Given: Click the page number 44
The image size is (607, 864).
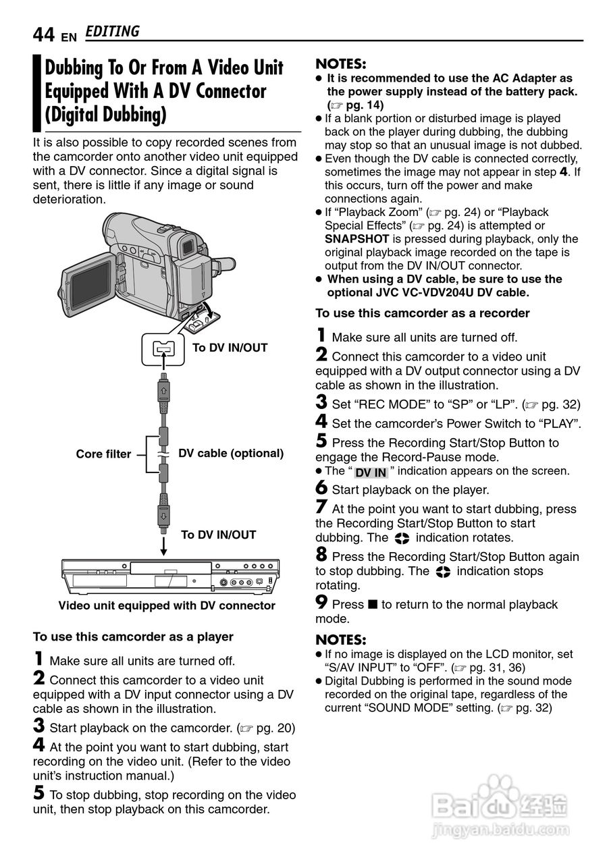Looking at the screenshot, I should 43,34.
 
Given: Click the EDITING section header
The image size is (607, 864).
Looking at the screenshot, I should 113,32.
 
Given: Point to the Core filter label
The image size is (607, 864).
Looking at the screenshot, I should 103,454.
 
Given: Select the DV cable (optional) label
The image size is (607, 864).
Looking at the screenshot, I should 231,454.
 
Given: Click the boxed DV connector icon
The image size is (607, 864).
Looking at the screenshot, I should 163,348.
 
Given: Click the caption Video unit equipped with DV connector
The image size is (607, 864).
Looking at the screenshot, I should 167,605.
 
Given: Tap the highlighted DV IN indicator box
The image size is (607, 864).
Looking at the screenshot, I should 371,473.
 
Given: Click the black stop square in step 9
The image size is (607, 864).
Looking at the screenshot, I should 373,605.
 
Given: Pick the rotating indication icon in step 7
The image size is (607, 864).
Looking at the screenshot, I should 402,539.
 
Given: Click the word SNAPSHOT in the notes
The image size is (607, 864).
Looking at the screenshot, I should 357,239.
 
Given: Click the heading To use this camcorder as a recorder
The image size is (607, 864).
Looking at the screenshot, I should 423,313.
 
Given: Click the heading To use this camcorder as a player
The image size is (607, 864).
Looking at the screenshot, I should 133,637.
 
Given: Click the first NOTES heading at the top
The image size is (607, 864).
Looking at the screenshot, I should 341,64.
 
